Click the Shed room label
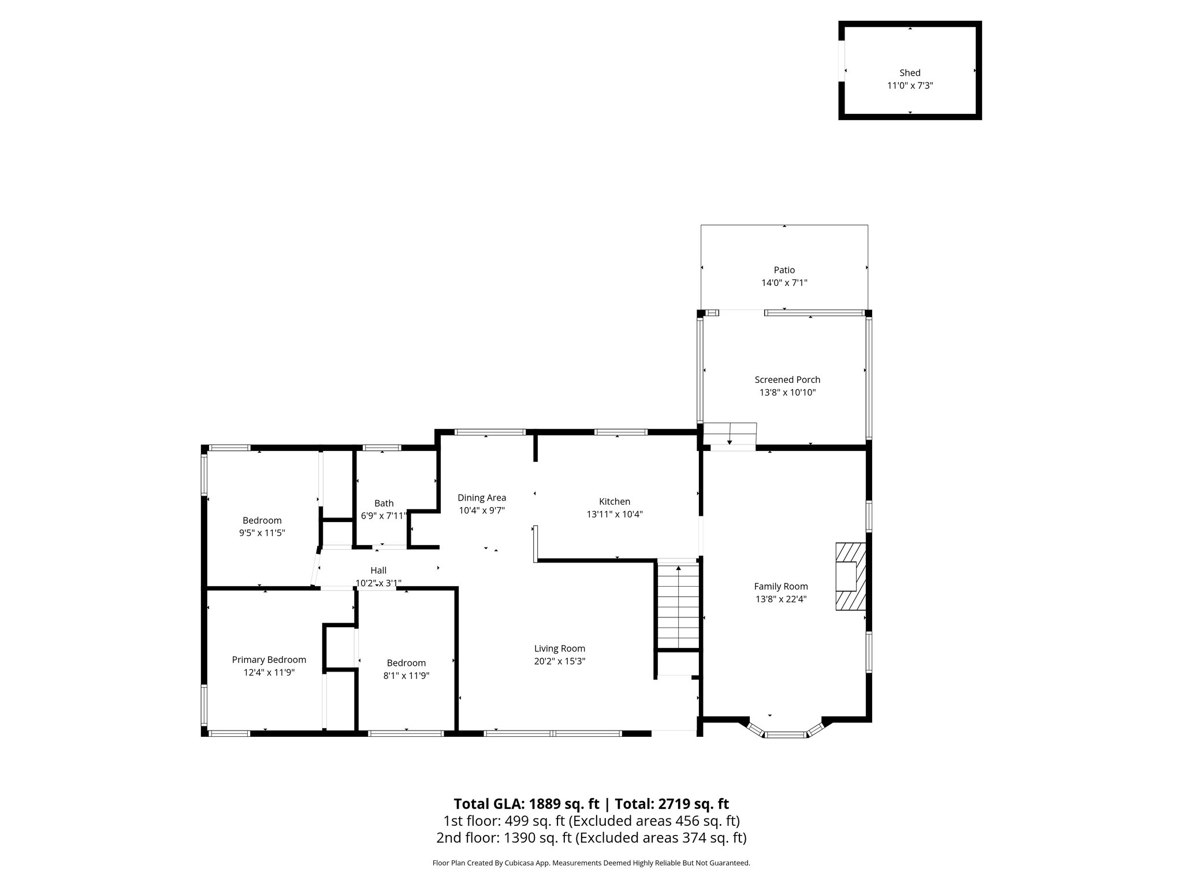(910, 73)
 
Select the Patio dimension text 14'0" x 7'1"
(784, 283)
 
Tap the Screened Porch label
(787, 379)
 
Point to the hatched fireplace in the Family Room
(851, 576)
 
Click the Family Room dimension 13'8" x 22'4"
(780, 599)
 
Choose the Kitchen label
(614, 501)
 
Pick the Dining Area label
(482, 497)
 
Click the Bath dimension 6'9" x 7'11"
(384, 516)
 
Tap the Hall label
(378, 571)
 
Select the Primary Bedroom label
(269, 659)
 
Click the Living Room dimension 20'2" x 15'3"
(560, 661)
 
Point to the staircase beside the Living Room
(678, 606)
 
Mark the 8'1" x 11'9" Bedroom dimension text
(406, 676)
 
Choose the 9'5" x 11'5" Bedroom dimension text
(262, 533)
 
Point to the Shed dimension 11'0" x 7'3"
(910, 85)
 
